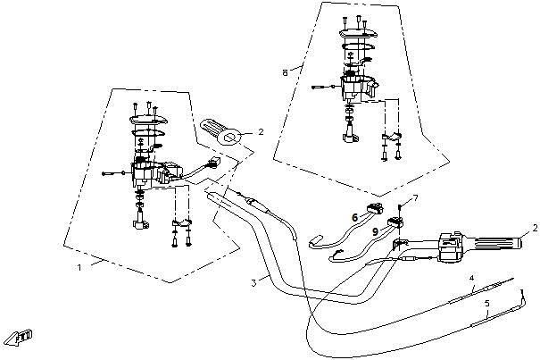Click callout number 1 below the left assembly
79,266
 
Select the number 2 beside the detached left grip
260,131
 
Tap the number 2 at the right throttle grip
534,228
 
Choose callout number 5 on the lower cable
486,305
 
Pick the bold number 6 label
354,217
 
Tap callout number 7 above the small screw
414,197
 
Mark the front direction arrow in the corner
20,336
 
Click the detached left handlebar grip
220,133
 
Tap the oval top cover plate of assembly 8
360,41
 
